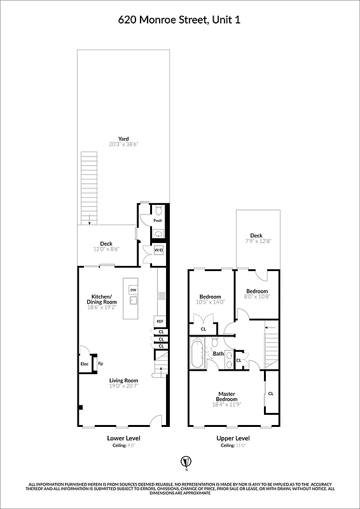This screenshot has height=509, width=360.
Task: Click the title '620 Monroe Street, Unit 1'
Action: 179,20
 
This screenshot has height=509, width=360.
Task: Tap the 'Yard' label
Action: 123,139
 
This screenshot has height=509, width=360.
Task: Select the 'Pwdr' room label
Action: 158,220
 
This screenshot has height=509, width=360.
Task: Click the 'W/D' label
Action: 158,250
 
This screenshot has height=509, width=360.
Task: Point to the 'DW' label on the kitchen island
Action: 133,290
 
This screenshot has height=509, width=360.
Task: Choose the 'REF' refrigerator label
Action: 160,321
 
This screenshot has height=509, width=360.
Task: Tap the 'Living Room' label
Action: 123,380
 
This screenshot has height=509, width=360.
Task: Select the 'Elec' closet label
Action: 83,364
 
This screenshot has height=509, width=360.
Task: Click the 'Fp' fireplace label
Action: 100,364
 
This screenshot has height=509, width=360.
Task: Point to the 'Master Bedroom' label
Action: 227,396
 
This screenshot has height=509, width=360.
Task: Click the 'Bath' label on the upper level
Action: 218,353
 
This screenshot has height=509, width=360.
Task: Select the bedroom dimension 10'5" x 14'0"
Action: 210,302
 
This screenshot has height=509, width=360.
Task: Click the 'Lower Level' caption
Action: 123,438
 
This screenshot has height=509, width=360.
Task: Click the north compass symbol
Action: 186,461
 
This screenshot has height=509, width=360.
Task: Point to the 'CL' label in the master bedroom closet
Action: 271,393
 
